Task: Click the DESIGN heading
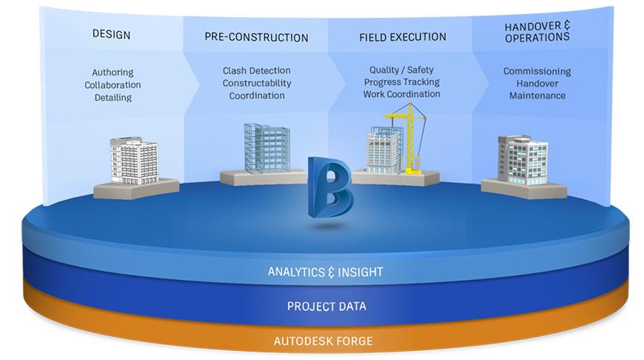[x=111, y=34]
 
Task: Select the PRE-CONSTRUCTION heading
[x=256, y=37]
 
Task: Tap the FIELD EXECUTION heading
[x=403, y=37]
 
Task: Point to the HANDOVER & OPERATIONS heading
[x=537, y=32]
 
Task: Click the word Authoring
[x=113, y=73]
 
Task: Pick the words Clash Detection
[x=256, y=70]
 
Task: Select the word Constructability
[x=257, y=83]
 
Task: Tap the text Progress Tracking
[x=402, y=81]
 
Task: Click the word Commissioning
[x=537, y=71]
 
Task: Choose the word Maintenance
[x=537, y=96]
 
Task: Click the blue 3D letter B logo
[x=330, y=187]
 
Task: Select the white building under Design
[x=134, y=161]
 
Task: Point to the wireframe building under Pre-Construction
[x=267, y=147]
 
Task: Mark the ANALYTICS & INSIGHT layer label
[x=325, y=272]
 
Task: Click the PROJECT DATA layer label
[x=326, y=306]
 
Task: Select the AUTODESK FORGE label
[x=323, y=341]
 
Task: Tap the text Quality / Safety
[x=401, y=70]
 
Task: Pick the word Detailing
[x=113, y=97]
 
